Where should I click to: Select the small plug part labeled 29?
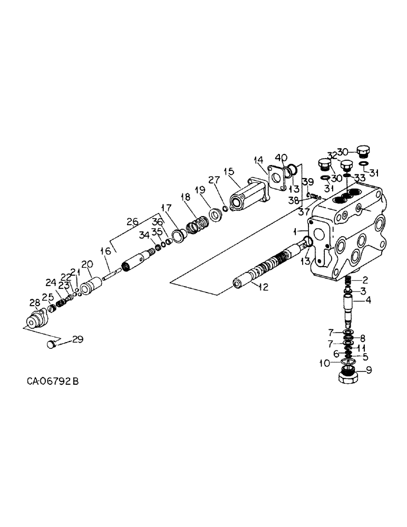tap(50, 345)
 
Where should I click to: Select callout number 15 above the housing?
tap(229, 171)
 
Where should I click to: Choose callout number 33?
tap(360, 177)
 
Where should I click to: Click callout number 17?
tap(167, 207)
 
